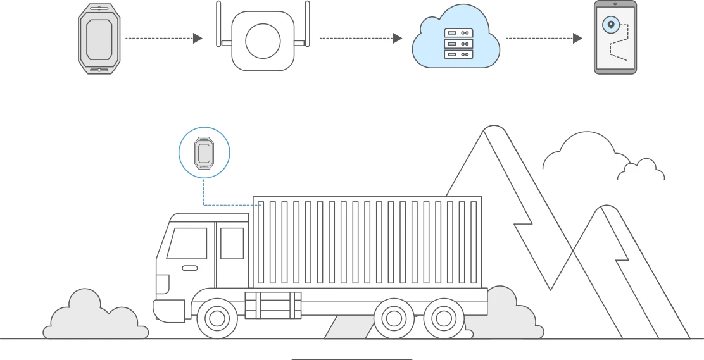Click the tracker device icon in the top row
[99, 39]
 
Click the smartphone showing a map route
[615, 38]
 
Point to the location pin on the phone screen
[610, 25]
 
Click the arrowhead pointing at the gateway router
[198, 39]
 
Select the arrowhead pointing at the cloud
[397, 39]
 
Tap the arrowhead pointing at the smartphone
[577, 39]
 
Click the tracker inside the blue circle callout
[204, 152]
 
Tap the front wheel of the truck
[217, 318]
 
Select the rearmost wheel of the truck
[444, 318]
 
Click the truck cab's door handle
[189, 268]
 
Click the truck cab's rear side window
[232, 244]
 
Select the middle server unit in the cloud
[458, 44]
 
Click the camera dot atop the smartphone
[615, 4]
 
